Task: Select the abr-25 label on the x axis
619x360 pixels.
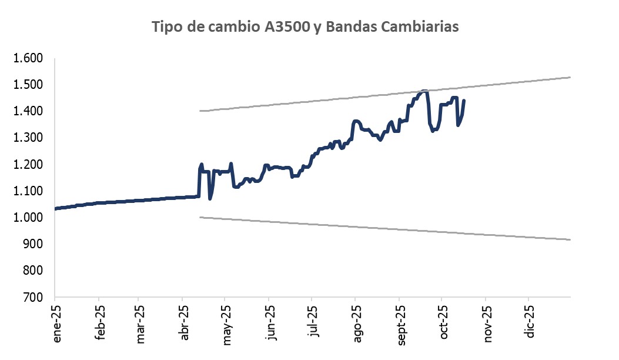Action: (185, 323)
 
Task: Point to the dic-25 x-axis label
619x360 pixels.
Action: (531, 323)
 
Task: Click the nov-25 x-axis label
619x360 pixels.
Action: (488, 323)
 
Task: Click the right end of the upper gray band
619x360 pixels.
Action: (570, 77)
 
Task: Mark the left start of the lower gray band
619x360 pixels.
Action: (200, 217)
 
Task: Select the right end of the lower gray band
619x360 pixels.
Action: (570, 239)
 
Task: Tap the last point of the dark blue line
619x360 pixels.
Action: (464, 101)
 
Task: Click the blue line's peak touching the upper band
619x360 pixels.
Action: (424, 91)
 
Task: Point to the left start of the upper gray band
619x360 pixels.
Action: (200, 111)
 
